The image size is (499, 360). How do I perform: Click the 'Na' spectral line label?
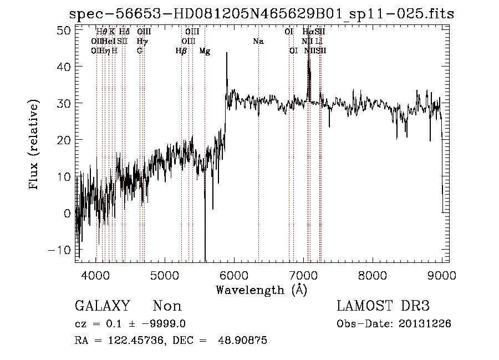tap(258, 41)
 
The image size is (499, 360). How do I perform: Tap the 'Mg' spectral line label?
tap(205, 50)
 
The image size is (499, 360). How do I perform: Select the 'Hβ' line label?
tap(181, 50)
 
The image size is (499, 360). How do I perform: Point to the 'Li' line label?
tap(319, 41)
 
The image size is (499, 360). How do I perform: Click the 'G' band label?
tap(140, 50)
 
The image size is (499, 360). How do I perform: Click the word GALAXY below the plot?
tap(102, 306)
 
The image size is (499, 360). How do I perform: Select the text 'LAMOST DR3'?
tap(383, 306)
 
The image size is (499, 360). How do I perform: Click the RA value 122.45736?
tap(139, 341)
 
